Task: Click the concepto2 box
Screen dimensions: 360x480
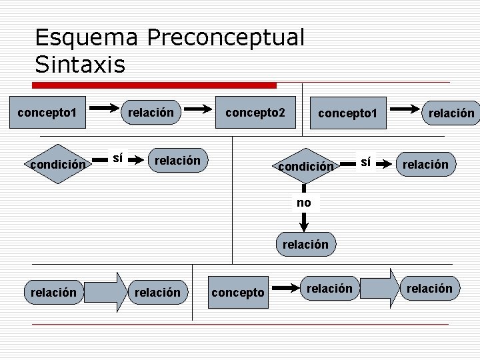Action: pos(255,113)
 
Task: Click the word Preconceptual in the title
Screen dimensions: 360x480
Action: pos(225,37)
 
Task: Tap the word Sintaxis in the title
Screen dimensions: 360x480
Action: pos(79,65)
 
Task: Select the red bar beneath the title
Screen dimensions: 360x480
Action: pos(155,85)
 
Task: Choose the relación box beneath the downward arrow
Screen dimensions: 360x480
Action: pos(305,244)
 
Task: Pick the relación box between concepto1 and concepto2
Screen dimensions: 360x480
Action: pos(151,113)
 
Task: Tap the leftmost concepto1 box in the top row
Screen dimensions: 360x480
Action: pos(47,113)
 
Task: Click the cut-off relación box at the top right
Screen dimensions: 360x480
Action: pos(451,113)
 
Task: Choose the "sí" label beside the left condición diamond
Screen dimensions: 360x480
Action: pos(117,159)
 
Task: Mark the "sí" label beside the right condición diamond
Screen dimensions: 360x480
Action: pos(365,162)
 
